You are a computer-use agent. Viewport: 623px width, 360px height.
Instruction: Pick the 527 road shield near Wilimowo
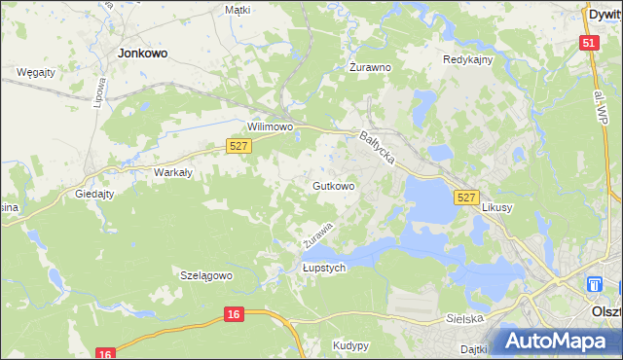tap(239, 146)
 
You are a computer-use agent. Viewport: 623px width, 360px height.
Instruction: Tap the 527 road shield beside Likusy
tap(466, 198)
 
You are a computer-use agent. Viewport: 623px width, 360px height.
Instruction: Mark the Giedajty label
tap(94, 194)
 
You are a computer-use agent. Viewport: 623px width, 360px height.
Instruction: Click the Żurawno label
tap(370, 68)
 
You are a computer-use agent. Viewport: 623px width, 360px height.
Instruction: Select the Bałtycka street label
tap(376, 149)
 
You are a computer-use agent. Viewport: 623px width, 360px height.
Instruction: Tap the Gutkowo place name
tap(333, 185)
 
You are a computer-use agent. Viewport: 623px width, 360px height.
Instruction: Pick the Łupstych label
tap(324, 269)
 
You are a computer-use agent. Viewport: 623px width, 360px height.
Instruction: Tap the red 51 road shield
tap(588, 44)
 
